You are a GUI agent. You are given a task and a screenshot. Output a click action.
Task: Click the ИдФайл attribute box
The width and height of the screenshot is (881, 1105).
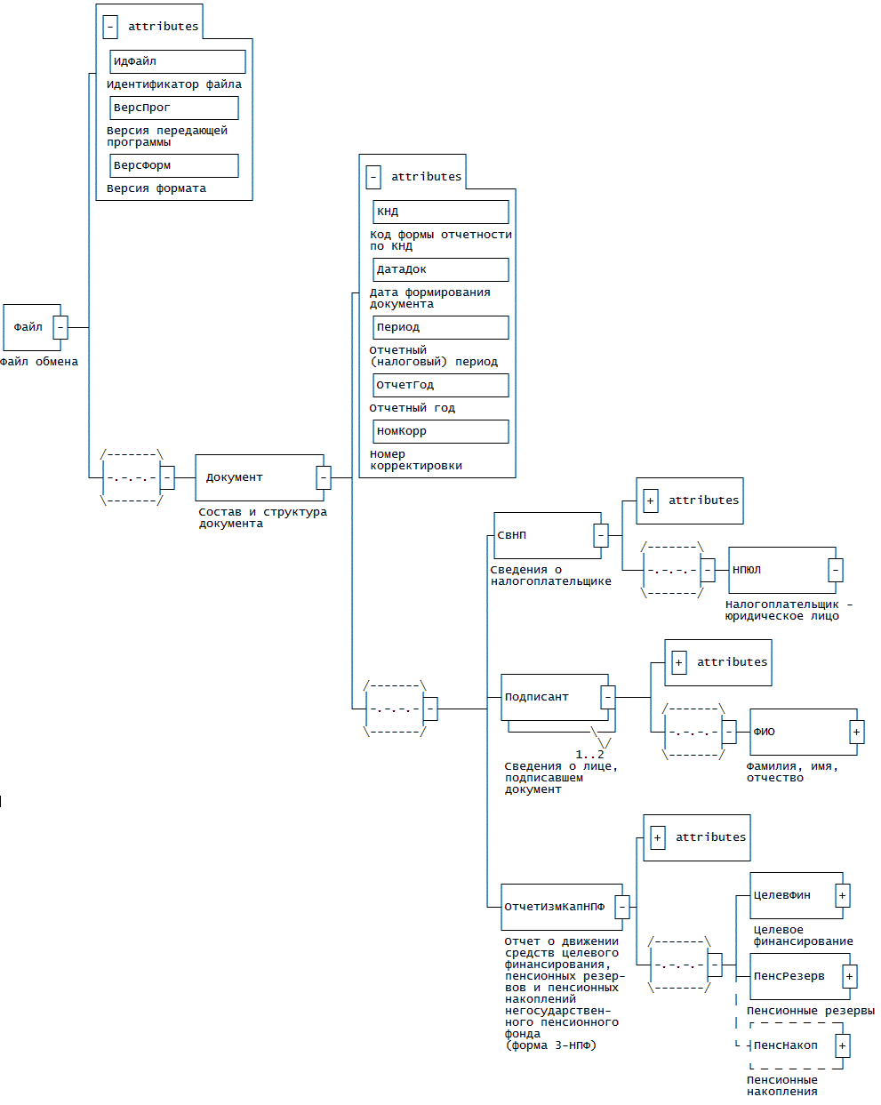pos(177,61)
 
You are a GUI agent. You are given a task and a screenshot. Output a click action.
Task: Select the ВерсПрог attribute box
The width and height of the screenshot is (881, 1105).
pos(173,108)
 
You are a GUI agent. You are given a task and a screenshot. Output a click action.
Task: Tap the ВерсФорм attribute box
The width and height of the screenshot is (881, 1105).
pos(173,165)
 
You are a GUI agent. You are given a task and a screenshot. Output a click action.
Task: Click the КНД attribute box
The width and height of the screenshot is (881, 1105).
pos(440,212)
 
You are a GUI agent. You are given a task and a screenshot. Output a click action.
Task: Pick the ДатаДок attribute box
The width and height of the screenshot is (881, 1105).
pos(440,269)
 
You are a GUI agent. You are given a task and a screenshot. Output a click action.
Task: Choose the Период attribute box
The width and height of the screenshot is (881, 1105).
pos(440,327)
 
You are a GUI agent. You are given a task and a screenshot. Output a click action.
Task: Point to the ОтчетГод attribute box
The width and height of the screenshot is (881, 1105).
pos(440,385)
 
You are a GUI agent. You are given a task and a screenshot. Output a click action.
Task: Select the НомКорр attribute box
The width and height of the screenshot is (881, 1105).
pos(440,431)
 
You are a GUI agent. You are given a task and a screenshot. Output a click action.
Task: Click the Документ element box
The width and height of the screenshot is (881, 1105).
pos(256,477)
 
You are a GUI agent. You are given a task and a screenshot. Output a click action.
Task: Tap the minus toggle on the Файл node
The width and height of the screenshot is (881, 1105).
pos(60,327)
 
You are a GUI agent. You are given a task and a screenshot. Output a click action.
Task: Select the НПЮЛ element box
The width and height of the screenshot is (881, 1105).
pos(779,570)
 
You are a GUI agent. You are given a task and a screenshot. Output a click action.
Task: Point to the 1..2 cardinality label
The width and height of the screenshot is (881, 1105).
pos(589,755)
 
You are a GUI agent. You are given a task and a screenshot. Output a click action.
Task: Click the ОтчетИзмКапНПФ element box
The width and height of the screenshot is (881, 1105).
pos(557,907)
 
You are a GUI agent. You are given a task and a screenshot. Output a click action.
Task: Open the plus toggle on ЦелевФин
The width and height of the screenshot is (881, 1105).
pos(843,895)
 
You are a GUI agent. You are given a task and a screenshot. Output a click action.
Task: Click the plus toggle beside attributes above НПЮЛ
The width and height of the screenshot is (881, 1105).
pos(651,500)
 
